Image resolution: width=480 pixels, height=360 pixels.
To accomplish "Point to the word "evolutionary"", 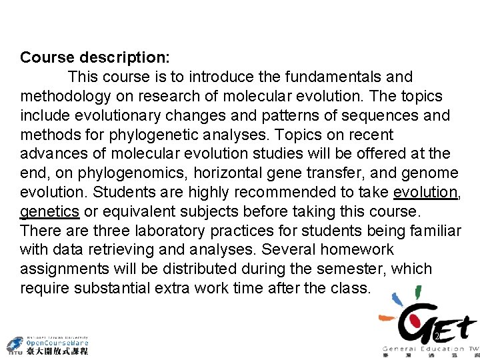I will tap(128, 115).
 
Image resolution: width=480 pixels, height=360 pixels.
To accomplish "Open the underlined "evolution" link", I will tap(425, 193).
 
